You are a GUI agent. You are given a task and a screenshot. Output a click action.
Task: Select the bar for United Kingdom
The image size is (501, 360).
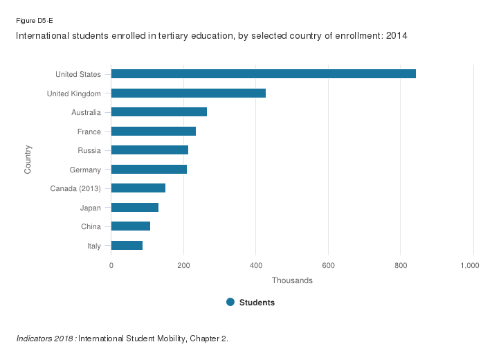[x=188, y=93]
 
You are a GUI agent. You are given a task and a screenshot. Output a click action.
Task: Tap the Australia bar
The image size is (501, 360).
[x=158, y=112]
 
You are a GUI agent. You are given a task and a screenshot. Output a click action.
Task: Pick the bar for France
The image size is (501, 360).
[x=153, y=132]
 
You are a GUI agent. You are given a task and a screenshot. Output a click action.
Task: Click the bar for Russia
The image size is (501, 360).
[x=149, y=150]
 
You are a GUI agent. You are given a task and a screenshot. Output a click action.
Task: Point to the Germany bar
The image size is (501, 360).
[x=149, y=170]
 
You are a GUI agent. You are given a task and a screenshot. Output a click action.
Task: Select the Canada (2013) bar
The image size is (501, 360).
[x=138, y=188]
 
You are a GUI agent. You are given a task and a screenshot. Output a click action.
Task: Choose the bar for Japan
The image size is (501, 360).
[x=134, y=208]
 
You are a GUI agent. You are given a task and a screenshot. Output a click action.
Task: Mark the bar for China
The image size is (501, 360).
[x=130, y=226]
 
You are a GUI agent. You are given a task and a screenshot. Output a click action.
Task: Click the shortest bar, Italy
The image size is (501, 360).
[x=127, y=246]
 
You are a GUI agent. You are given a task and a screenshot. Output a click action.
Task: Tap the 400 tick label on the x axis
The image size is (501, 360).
[x=256, y=265]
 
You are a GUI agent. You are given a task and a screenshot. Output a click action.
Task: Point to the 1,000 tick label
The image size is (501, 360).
[x=472, y=265]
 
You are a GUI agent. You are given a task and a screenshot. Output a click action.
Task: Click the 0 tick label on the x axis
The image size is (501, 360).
[x=111, y=265]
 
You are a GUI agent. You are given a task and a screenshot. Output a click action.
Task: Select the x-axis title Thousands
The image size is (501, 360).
[x=292, y=280]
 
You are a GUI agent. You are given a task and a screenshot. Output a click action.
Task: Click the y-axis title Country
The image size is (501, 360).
[x=28, y=159]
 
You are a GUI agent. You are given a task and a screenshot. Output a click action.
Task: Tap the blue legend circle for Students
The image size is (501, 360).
[x=231, y=302]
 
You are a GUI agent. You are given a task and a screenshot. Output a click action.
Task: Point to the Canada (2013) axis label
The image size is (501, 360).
[x=75, y=188]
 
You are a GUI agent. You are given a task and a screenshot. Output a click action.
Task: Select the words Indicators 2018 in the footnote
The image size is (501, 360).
[x=45, y=339]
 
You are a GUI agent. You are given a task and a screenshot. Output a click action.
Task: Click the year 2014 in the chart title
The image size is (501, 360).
[x=396, y=35]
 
